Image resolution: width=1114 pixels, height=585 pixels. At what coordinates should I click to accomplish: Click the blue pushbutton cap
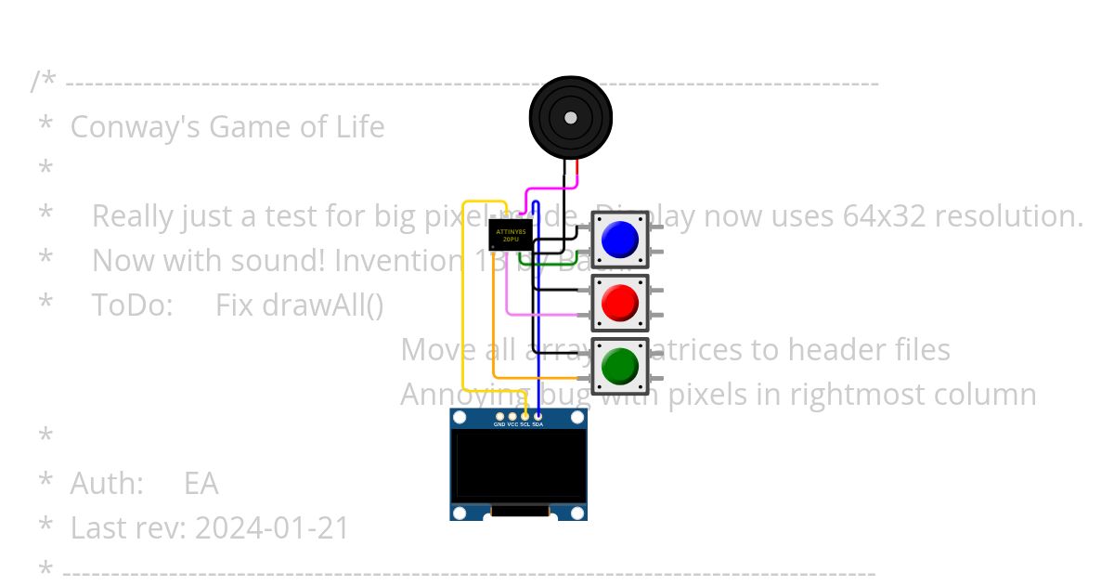click(619, 240)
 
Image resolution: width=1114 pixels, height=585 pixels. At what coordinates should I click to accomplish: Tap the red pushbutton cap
click(619, 303)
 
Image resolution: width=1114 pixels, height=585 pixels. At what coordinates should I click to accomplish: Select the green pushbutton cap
click(619, 366)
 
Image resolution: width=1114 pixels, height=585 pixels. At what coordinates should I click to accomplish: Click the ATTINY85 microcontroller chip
click(510, 235)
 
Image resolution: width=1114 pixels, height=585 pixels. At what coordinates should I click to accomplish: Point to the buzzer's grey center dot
click(570, 118)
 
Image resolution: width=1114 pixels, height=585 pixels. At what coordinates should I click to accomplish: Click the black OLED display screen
click(518, 465)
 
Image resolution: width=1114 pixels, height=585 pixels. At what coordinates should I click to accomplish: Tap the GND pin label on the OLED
click(499, 424)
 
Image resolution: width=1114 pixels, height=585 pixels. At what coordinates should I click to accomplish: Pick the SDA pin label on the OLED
click(538, 424)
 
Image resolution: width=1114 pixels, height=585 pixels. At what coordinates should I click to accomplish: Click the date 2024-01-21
click(272, 527)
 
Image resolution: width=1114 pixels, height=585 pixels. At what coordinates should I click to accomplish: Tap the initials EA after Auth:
click(201, 483)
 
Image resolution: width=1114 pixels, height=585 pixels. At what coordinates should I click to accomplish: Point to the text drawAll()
click(299, 305)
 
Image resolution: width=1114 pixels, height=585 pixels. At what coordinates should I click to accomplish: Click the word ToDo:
click(132, 305)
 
